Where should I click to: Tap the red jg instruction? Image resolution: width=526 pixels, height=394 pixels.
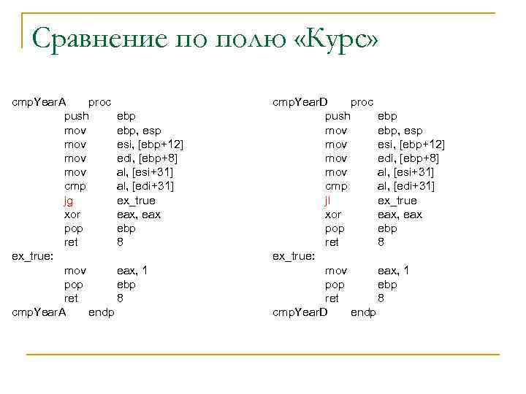click(69, 200)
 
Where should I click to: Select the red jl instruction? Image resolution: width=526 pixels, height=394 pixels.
click(328, 200)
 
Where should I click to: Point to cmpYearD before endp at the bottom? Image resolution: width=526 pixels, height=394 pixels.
click(300, 312)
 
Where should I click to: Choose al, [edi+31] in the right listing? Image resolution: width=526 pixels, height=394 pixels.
click(406, 186)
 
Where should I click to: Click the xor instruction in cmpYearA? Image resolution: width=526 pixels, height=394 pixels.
click(72, 215)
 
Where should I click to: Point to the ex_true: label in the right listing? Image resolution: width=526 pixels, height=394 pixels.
click(294, 256)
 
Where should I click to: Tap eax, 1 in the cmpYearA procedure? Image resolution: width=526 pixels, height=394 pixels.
click(132, 270)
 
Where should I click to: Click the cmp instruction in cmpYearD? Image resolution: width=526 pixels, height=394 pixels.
click(336, 186)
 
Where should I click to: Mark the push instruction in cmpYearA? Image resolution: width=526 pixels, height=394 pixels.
click(77, 116)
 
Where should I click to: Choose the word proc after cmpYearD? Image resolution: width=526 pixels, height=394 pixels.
click(362, 102)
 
